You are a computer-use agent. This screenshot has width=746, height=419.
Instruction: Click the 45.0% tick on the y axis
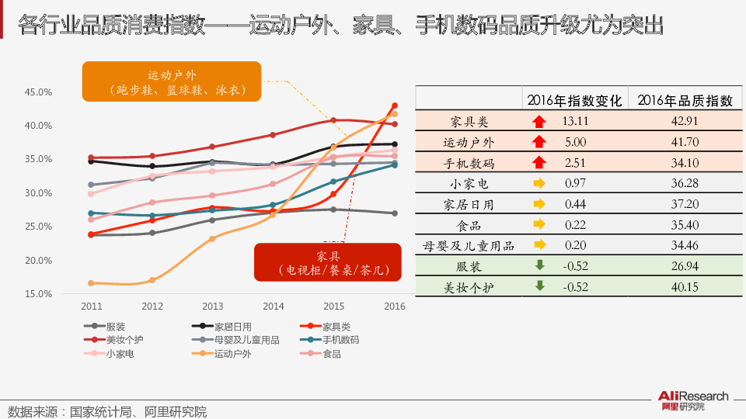(x=39, y=92)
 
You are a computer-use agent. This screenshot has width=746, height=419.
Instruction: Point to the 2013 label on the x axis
(x=212, y=306)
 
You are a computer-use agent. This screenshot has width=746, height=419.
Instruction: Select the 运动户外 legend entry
(x=233, y=354)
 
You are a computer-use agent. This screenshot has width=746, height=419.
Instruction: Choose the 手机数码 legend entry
(x=340, y=341)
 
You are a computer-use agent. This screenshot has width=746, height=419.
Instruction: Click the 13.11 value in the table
(x=575, y=121)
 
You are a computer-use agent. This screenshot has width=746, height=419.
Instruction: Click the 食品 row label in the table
(x=469, y=225)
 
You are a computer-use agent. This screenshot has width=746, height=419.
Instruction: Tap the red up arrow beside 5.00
(x=538, y=142)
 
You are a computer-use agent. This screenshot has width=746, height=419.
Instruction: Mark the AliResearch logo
(x=694, y=400)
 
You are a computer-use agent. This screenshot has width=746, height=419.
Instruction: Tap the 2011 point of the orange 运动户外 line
(x=91, y=283)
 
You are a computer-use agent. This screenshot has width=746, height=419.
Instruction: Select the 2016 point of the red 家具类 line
(x=395, y=106)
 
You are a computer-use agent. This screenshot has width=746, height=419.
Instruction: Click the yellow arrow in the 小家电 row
(x=539, y=184)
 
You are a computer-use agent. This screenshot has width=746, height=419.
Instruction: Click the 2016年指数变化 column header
(x=574, y=101)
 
